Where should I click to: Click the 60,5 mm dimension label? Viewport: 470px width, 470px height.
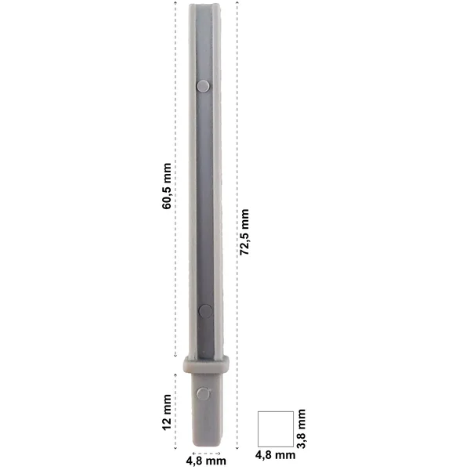click(x=167, y=186)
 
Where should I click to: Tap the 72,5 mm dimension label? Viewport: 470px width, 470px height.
click(x=244, y=232)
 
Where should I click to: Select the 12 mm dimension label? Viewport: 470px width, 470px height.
click(x=167, y=413)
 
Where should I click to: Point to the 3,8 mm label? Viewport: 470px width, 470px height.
click(x=301, y=428)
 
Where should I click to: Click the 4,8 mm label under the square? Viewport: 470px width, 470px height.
click(x=275, y=455)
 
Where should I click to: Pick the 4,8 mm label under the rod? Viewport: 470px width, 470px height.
click(x=206, y=461)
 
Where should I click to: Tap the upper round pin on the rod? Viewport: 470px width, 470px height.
click(x=203, y=86)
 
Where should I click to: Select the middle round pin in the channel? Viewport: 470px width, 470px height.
click(x=205, y=311)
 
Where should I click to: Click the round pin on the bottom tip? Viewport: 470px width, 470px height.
click(x=203, y=393)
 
